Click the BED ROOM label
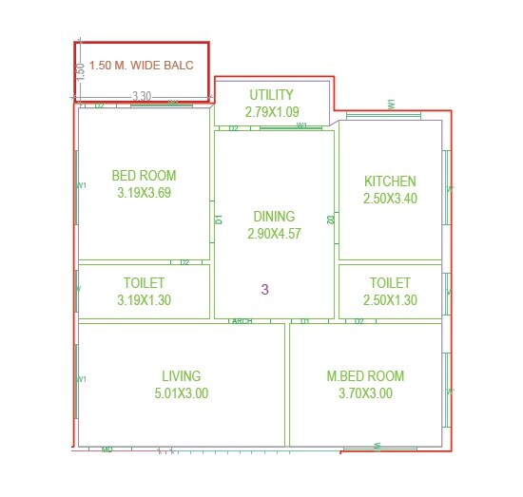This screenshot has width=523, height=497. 144,176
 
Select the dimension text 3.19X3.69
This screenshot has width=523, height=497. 144,192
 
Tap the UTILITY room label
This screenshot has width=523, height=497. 271,95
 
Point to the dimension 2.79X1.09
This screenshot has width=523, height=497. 271,111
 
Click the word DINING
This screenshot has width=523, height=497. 274,217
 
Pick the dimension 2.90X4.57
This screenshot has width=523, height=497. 274,233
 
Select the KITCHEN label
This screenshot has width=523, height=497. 390,182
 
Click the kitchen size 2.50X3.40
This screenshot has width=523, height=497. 390,199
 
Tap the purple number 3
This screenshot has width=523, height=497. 265,289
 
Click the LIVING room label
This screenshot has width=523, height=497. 181,376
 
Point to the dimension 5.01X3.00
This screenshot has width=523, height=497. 181,393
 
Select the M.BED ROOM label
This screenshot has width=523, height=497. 364,376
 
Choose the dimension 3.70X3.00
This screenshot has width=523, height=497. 364,393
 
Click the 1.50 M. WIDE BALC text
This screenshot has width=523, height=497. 142,66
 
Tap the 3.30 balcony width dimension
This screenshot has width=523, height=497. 142,96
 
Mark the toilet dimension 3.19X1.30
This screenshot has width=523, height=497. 144,300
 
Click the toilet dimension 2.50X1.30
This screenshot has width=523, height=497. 390,300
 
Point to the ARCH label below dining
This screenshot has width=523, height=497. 242,322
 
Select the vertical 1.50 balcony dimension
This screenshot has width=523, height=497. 81,68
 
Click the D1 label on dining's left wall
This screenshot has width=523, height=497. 219,219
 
